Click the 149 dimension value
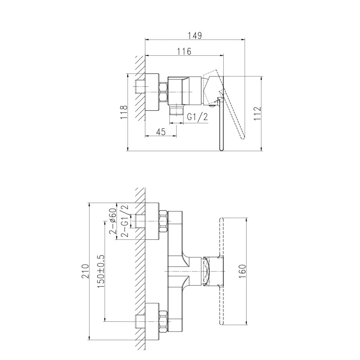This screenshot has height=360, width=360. (194, 35)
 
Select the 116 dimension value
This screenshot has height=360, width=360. (184, 51)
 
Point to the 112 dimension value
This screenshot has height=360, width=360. (257, 113)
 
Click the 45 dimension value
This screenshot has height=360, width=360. (161, 131)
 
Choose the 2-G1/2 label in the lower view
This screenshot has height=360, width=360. (126, 221)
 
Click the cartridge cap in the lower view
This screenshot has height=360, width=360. (212, 271)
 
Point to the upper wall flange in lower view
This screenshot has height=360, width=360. (153, 222)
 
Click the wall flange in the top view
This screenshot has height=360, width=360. (153, 92)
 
